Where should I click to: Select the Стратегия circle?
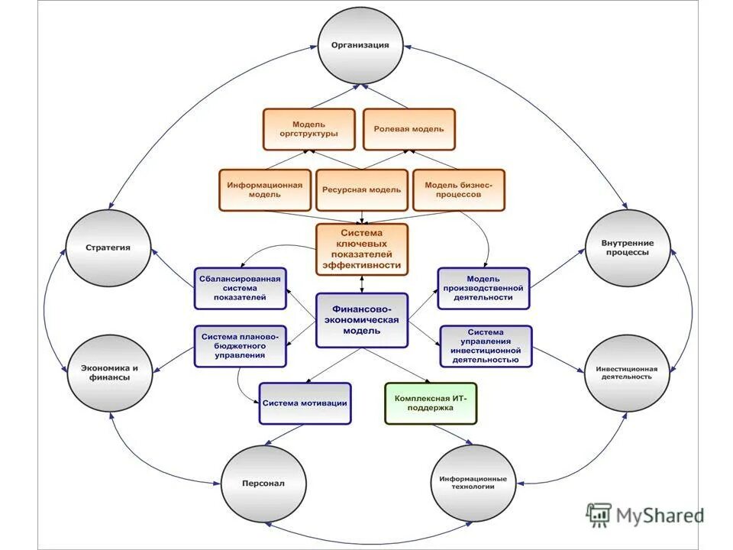[x=108, y=247]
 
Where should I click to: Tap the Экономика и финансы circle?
[x=110, y=372]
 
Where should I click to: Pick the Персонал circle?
[x=263, y=483]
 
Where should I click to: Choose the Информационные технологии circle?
[x=473, y=483]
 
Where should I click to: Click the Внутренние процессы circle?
[x=627, y=247]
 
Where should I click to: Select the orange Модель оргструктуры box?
[x=309, y=129]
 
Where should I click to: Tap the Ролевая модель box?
[x=408, y=129]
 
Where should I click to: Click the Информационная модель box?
[x=265, y=189]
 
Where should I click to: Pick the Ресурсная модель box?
[x=361, y=189]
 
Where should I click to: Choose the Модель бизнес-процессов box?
[x=459, y=189]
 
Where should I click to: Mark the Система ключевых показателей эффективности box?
[x=362, y=248]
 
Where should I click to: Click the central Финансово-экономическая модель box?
[x=362, y=320]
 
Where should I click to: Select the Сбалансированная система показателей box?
[x=240, y=288]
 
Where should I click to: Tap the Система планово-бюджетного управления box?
[x=240, y=345]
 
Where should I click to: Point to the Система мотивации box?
[x=305, y=403]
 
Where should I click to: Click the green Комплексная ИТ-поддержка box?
[x=431, y=403]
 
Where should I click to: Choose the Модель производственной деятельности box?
[x=484, y=288]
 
